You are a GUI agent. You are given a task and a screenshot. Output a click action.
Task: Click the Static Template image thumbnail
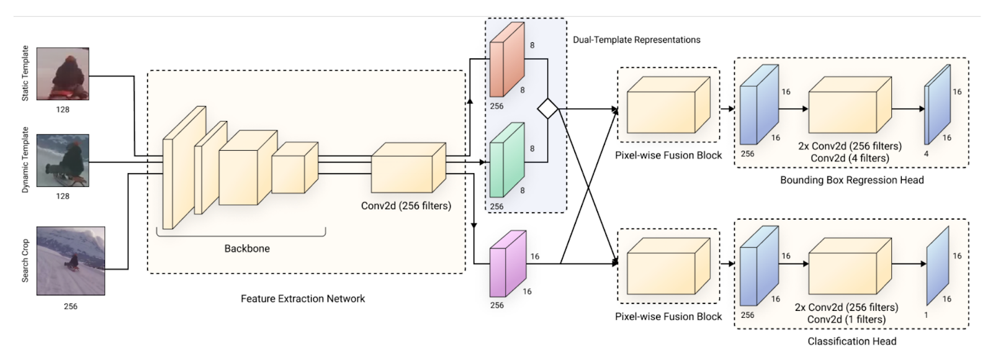point(63,74)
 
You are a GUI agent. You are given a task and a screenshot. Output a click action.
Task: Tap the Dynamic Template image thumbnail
point(63,161)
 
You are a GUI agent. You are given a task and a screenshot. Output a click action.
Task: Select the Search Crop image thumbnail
point(71,261)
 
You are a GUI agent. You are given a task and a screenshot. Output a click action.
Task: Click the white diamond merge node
point(547,109)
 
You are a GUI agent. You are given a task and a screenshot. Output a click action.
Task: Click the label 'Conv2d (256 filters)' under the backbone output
point(406,205)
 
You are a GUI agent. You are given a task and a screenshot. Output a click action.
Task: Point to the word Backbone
point(247,248)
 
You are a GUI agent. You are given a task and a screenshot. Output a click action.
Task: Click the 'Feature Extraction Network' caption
point(303,299)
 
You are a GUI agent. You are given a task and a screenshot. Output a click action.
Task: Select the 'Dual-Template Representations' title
point(637,40)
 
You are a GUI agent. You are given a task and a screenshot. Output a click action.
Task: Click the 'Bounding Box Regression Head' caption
point(851,180)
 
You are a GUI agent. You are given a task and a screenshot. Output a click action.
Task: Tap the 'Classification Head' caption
point(851,341)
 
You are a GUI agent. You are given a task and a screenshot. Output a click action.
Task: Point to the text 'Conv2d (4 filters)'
point(850,158)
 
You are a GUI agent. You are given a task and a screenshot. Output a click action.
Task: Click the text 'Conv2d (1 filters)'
point(847,319)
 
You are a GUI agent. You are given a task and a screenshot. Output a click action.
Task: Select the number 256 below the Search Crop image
point(71,306)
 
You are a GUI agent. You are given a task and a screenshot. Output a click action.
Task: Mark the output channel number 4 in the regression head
point(926,153)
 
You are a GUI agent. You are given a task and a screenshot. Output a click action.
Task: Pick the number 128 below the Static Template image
point(63,109)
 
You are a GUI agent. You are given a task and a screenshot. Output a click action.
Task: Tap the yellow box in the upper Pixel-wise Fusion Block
point(668,106)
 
